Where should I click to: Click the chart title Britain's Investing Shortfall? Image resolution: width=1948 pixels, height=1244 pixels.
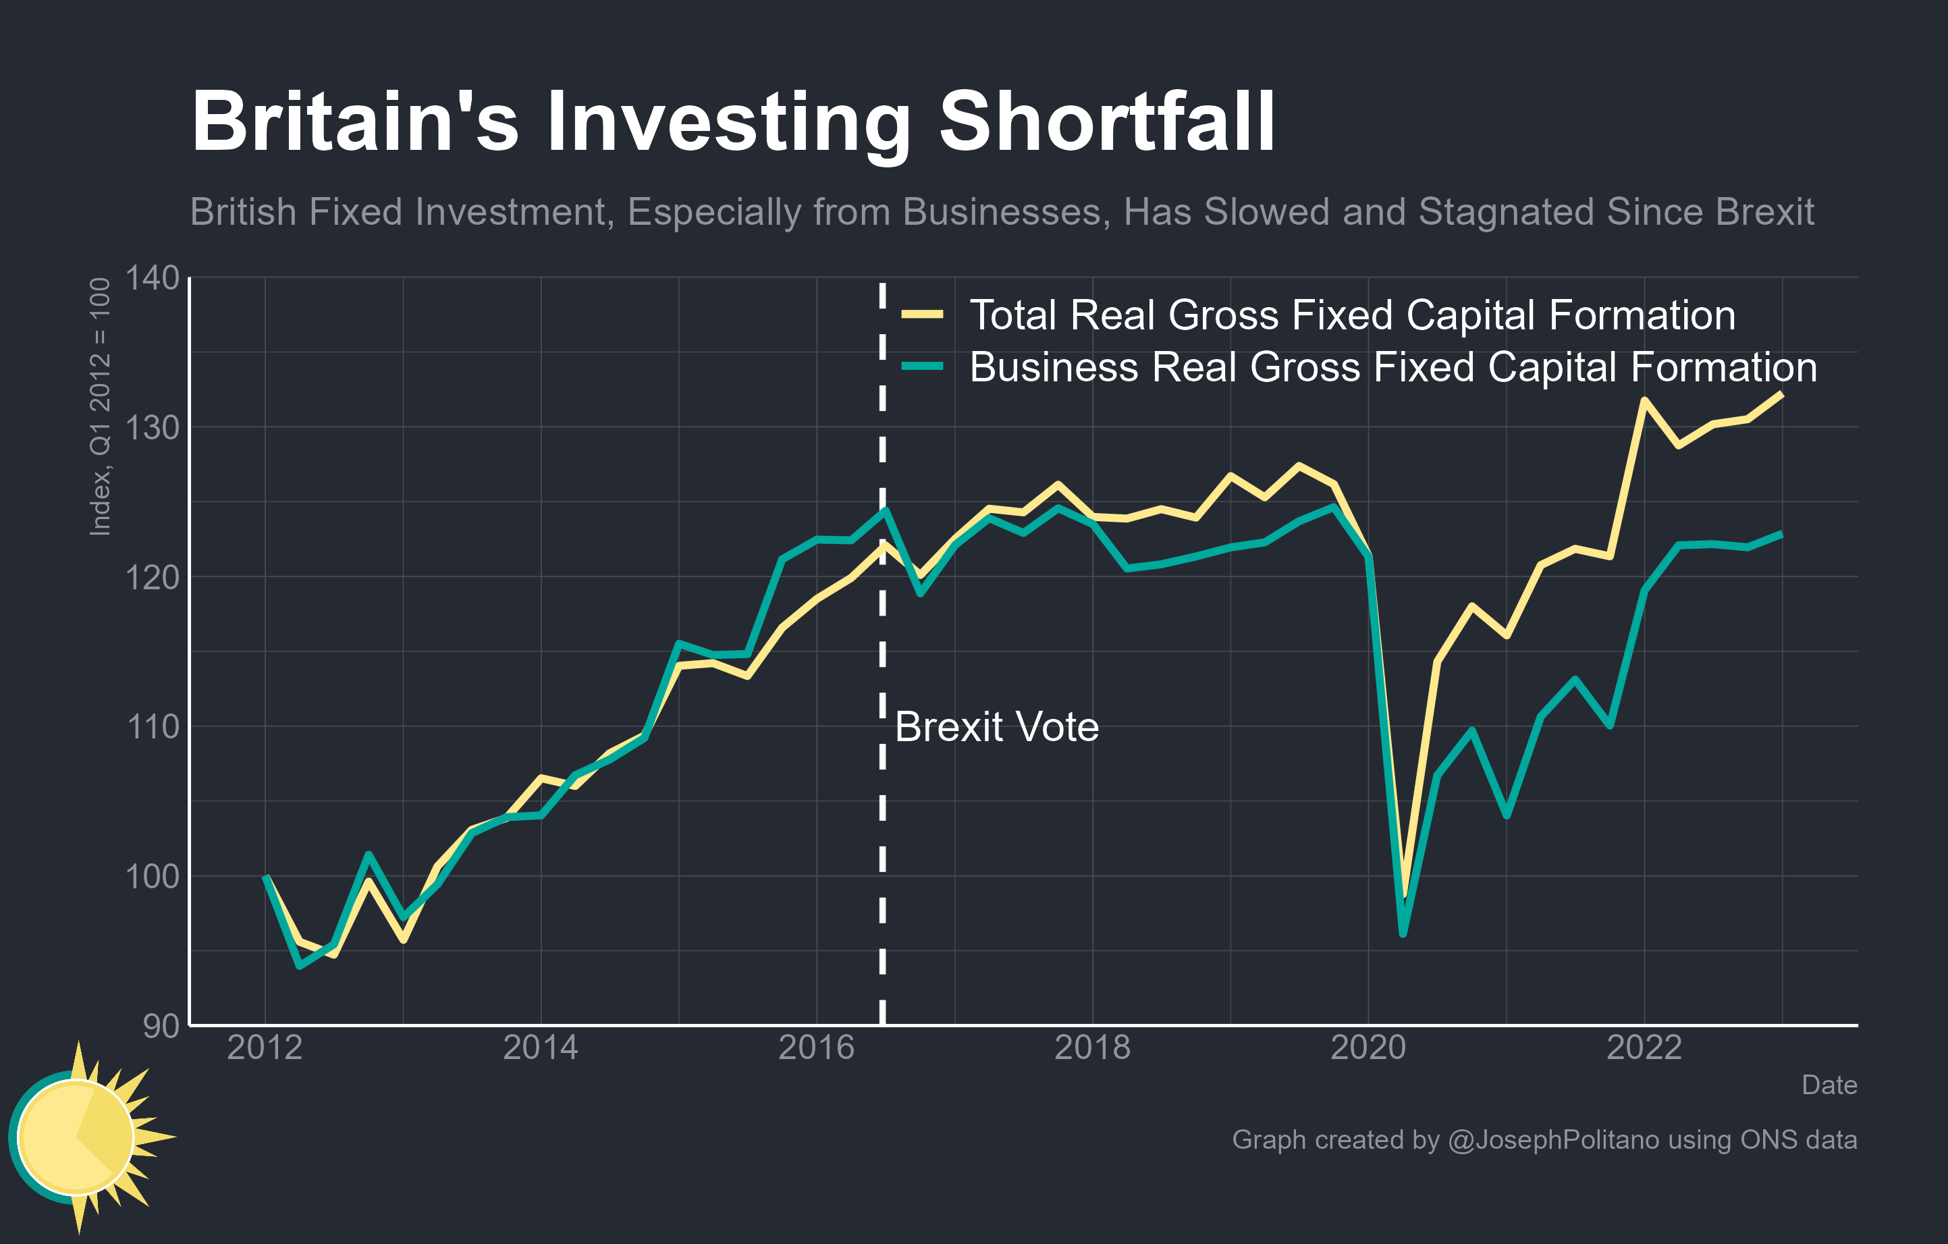732,123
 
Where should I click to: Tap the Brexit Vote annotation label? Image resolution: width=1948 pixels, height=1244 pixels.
997,726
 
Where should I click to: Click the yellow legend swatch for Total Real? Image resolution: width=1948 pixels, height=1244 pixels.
922,314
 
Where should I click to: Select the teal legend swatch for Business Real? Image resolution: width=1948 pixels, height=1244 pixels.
922,367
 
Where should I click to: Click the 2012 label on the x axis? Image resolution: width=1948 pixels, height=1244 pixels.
265,1048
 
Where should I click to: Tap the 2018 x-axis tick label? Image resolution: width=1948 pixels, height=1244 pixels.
1092,1048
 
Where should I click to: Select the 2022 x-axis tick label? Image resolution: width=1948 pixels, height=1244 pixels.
1644,1048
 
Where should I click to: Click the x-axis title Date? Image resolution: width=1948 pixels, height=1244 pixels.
1829,1085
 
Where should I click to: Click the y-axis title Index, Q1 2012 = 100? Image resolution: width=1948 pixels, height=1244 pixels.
99,406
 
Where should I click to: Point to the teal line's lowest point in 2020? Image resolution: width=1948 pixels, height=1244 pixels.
1403,934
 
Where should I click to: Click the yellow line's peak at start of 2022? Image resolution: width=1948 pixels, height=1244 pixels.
1644,400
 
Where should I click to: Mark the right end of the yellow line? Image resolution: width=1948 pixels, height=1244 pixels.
1781,394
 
